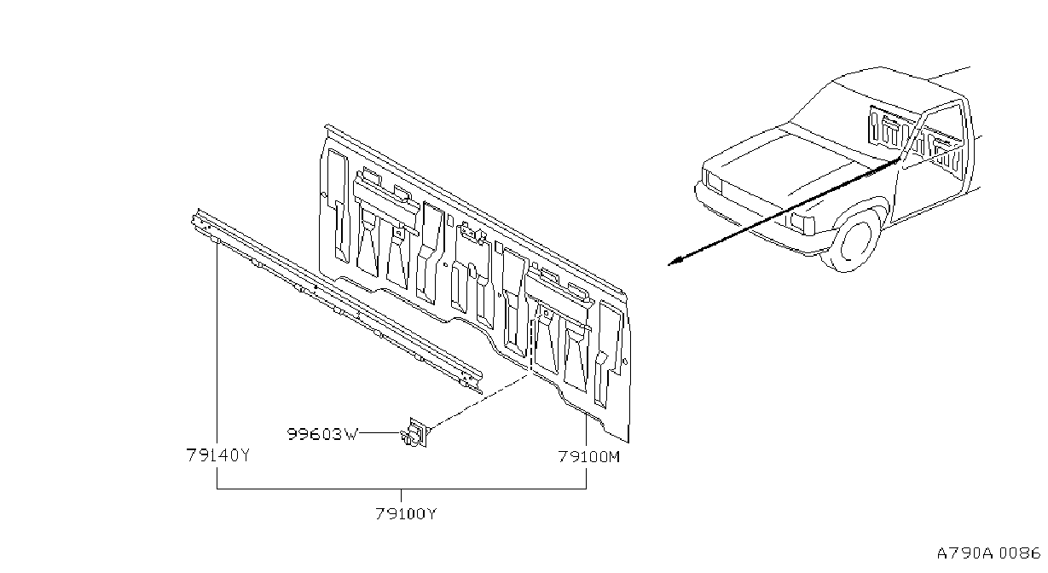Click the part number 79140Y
(218, 454)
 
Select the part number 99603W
(322, 435)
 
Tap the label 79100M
(589, 456)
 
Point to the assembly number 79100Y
(406, 514)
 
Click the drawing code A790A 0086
(988, 553)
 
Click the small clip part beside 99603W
(415, 433)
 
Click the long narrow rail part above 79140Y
(336, 302)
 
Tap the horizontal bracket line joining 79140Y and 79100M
(402, 489)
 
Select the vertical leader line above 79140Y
(217, 344)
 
